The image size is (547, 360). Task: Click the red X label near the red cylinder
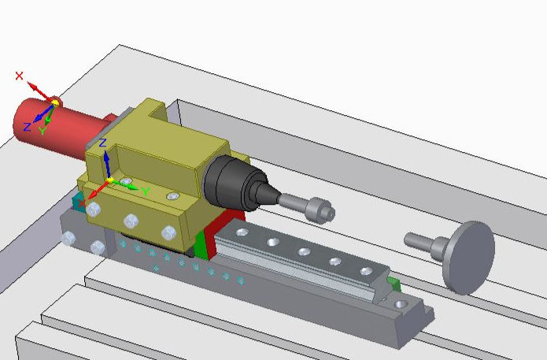point(20,76)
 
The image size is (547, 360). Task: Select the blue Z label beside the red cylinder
point(27,126)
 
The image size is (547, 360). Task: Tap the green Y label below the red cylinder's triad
point(42,131)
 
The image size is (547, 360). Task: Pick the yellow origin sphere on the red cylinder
point(55,102)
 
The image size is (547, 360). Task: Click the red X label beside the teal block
point(82,202)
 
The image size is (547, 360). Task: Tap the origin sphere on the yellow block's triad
point(109,181)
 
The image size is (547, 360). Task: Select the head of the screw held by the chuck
point(321,210)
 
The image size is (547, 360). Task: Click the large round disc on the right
point(470,257)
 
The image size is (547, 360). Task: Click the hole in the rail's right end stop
point(403,302)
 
